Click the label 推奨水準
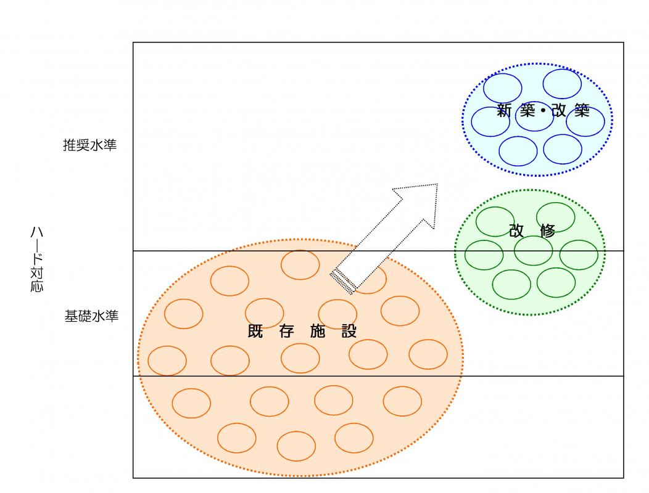[89, 146]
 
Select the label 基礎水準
[91, 317]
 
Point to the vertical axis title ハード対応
[37, 259]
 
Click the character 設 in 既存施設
[349, 331]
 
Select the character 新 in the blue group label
[506, 112]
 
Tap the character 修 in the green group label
[547, 231]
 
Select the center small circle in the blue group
[534, 116]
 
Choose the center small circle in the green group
[533, 251]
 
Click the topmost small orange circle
[300, 265]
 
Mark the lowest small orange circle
[296, 446]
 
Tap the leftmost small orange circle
[167, 361]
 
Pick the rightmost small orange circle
[428, 354]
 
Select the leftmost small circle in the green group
[484, 255]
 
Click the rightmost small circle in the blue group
[585, 121]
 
